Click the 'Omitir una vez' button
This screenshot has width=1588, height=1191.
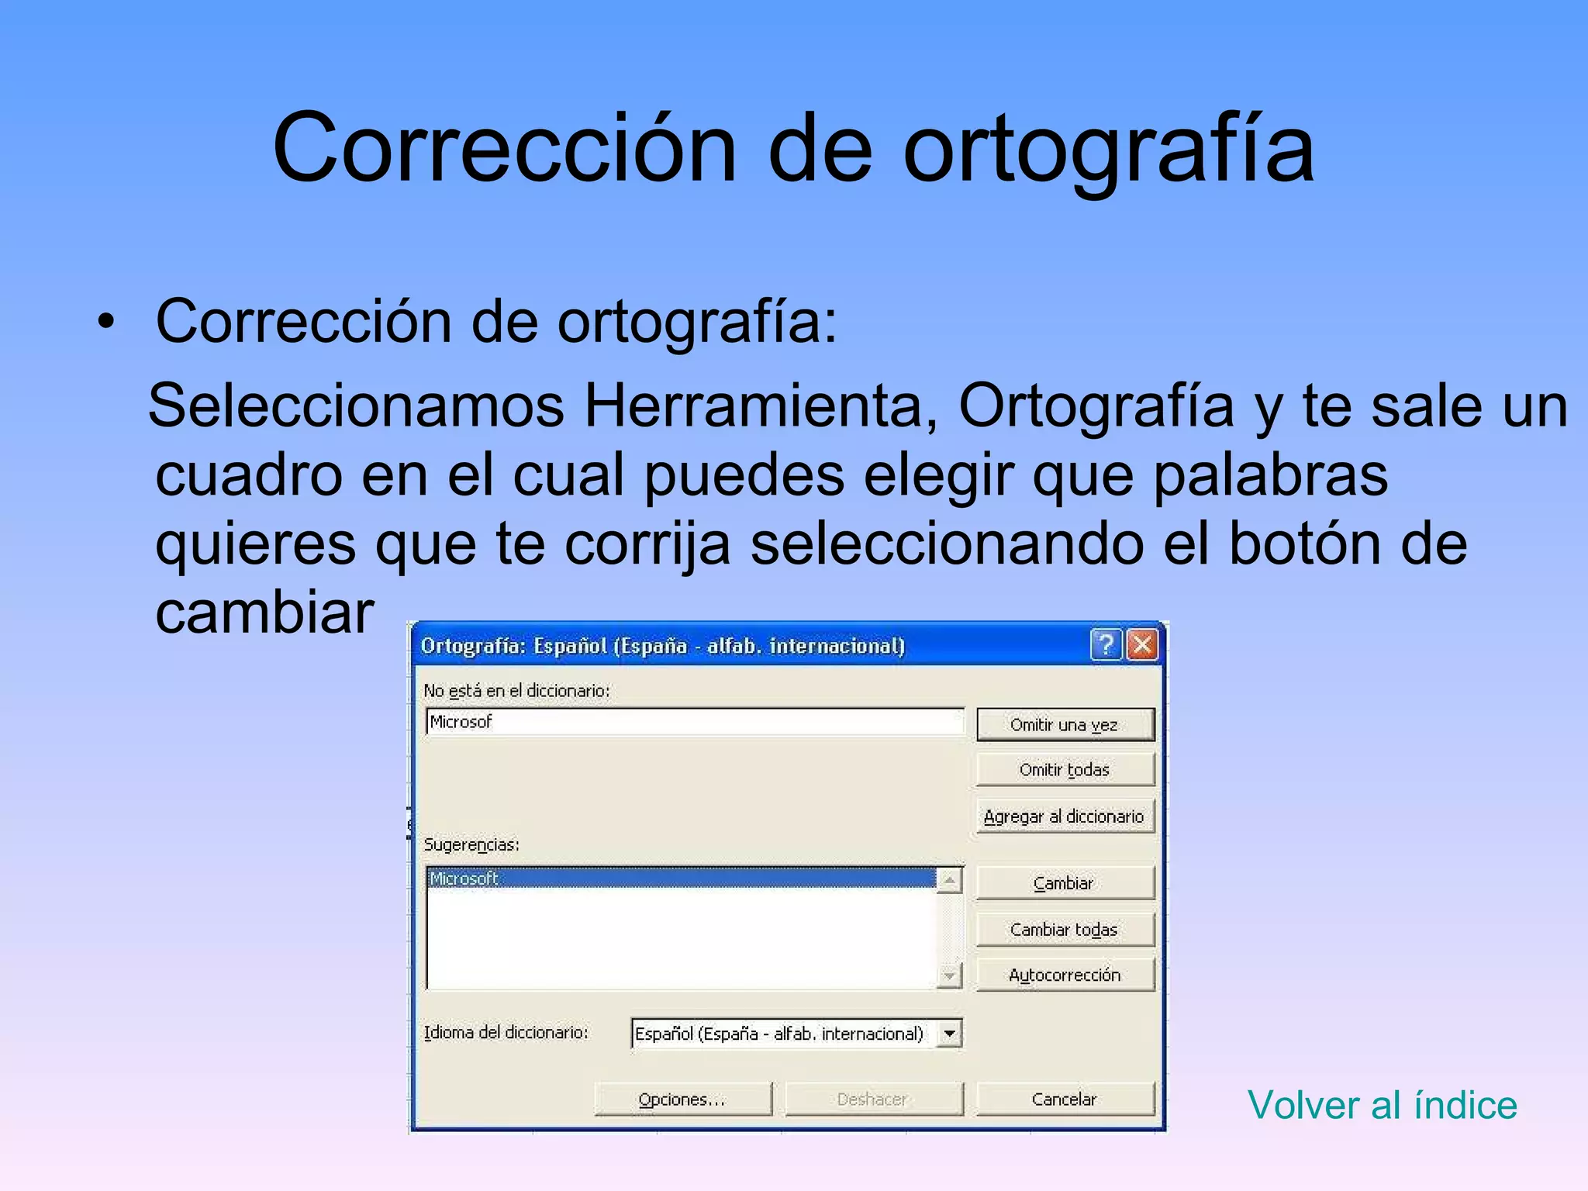[x=1065, y=724]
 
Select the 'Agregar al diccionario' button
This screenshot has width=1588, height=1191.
[x=1065, y=816]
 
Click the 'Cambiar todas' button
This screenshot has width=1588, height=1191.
[x=1065, y=929]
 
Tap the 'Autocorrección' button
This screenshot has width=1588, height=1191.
[x=1065, y=975]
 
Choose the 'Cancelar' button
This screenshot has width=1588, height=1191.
[x=1065, y=1099]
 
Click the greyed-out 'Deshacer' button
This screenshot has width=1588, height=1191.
[x=873, y=1099]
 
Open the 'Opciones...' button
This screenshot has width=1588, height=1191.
[x=682, y=1099]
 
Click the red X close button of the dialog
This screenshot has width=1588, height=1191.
[x=1142, y=644]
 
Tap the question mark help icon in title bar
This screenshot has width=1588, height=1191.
[x=1106, y=644]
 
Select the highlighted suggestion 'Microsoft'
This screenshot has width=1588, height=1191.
[x=464, y=879]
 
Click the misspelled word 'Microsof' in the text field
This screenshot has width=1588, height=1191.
[x=461, y=722]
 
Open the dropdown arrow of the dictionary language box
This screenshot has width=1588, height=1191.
[x=949, y=1034]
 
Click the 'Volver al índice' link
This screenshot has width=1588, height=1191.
[x=1382, y=1105]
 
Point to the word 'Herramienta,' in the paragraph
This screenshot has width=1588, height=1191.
[x=760, y=406]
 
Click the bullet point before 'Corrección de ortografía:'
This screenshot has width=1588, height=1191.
[x=106, y=321]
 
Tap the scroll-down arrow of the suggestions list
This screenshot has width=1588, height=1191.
[x=949, y=975]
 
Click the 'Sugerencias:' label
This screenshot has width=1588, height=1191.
[x=471, y=844]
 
